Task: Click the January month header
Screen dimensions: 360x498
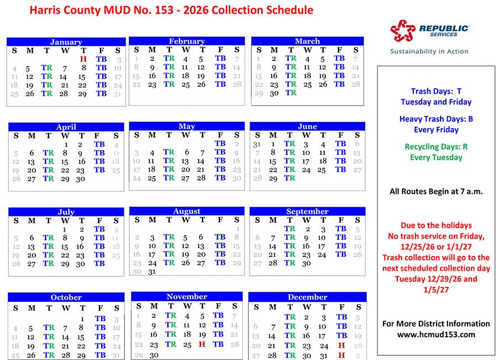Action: (66, 42)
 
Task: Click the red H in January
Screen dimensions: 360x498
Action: (84, 59)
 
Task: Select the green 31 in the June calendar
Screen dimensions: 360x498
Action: (257, 143)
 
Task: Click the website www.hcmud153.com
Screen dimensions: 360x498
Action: (436, 335)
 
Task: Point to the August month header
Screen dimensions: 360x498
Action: (186, 211)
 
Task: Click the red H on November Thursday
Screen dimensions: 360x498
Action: (203, 344)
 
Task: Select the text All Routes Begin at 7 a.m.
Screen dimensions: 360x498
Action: (436, 192)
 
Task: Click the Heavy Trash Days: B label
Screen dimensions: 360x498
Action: (436, 119)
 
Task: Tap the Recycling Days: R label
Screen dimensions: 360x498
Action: (436, 147)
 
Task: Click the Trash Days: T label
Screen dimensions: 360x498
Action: (436, 91)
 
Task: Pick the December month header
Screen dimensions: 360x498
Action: (307, 297)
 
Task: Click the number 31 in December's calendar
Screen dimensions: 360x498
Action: (324, 356)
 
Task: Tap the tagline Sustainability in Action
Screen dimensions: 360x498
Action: (429, 51)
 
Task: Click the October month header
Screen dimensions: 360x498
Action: (66, 297)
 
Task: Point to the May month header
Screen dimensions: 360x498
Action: (186, 126)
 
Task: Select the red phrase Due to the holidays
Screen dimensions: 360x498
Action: (436, 225)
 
